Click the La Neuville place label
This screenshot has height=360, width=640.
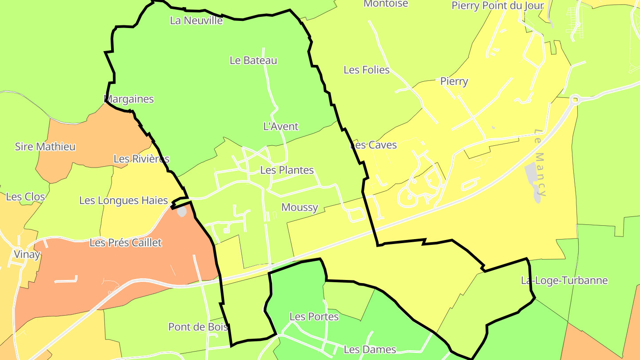pos(196,20)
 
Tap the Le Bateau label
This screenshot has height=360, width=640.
pos(253,60)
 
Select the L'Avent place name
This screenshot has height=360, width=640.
pos(281,127)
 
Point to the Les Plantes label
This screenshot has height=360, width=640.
pos(287,170)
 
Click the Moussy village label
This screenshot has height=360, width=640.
pos(300,208)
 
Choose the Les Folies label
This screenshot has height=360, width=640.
pos(367,70)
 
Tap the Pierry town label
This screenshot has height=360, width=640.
pos(454,81)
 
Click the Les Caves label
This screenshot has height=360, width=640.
pos(374,145)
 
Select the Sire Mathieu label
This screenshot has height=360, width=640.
pos(45,147)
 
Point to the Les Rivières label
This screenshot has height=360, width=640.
pos(141,159)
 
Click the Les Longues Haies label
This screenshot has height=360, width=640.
pos(124,200)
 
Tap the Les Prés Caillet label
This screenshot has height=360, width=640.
pos(126,243)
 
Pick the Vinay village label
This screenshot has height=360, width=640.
pos(27,255)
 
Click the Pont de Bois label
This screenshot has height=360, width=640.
pos(198,327)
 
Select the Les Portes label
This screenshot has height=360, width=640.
pos(314,317)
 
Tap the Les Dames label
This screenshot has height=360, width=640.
pos(370,350)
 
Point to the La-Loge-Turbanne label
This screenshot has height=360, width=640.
pos(564,281)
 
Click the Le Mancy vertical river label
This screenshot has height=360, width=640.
pos(540,163)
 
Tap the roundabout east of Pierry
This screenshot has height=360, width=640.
pos(575,100)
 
